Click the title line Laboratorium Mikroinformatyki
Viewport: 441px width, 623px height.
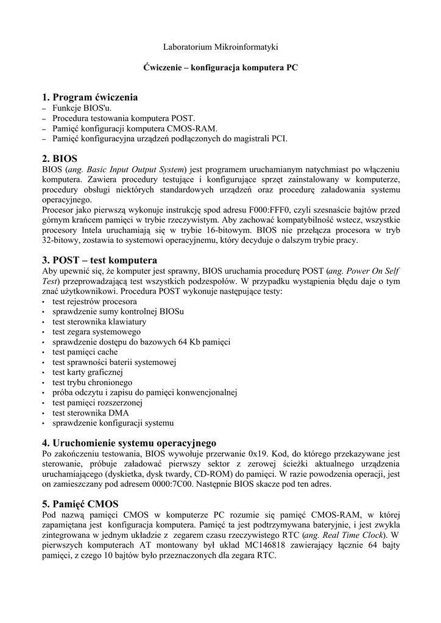[x=220, y=47]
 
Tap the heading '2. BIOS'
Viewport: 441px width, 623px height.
[x=60, y=158]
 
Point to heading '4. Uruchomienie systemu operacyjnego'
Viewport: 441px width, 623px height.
[x=129, y=443]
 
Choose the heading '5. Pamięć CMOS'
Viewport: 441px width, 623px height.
[x=80, y=504]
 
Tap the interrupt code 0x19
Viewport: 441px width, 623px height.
[x=264, y=454]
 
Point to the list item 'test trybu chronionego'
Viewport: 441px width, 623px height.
[x=92, y=383]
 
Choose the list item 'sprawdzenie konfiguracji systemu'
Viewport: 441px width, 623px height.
[x=113, y=423]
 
